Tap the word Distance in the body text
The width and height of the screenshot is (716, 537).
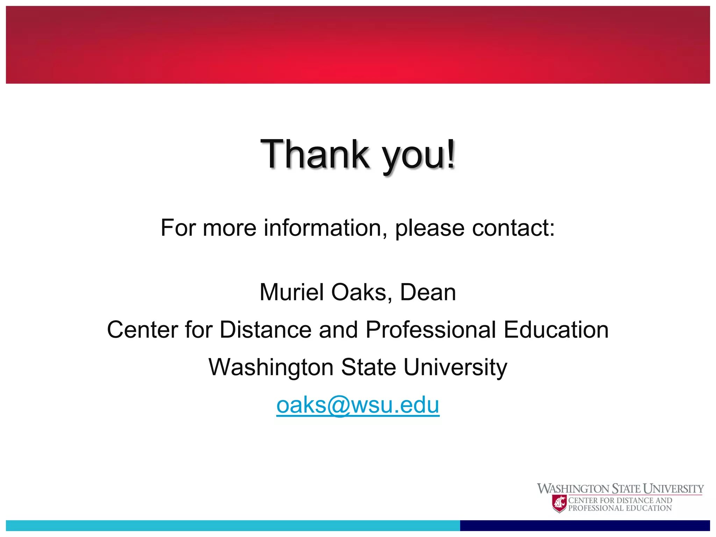(x=265, y=330)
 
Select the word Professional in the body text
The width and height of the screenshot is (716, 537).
(x=430, y=330)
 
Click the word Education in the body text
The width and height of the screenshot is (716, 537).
(x=556, y=330)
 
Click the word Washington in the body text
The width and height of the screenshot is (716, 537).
(x=271, y=368)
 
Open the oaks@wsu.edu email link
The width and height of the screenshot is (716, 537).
(x=358, y=405)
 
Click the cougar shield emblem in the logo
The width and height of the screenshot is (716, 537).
(x=559, y=503)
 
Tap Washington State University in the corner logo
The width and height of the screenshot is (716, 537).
(x=620, y=488)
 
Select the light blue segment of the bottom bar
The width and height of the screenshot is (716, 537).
(x=233, y=525)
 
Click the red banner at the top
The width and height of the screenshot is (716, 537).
(x=358, y=45)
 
